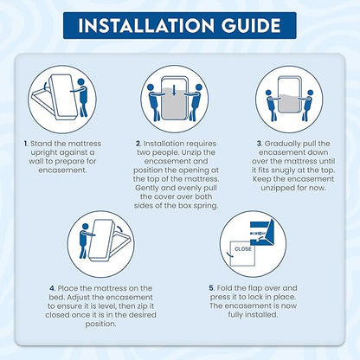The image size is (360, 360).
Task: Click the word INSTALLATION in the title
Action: pyautogui.click(x=146, y=25)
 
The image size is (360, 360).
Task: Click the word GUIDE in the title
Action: pyautogui.click(x=251, y=25)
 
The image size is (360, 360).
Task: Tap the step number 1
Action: pyautogui.click(x=26, y=144)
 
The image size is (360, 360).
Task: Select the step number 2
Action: pyautogui.click(x=138, y=144)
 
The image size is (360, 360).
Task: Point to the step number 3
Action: pyautogui.click(x=260, y=144)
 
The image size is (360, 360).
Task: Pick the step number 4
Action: pyautogui.click(x=52, y=288)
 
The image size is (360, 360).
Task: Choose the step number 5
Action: pyautogui.click(x=212, y=288)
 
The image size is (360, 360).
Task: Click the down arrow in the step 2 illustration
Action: pyautogui.click(x=174, y=91)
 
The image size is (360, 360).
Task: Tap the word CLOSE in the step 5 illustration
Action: pyautogui.click(x=243, y=248)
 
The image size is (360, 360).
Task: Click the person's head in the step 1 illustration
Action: pyautogui.click(x=81, y=82)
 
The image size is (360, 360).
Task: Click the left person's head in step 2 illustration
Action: pyautogui.click(x=151, y=87)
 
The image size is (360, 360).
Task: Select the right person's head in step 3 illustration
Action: pyautogui.click(x=311, y=93)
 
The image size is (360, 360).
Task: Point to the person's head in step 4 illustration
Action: pyautogui.click(x=85, y=227)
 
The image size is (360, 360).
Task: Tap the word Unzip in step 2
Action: pyautogui.click(x=183, y=152)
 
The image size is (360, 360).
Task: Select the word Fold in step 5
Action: pyautogui.click(x=224, y=288)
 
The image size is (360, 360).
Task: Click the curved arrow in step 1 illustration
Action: pyautogui.click(x=44, y=86)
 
